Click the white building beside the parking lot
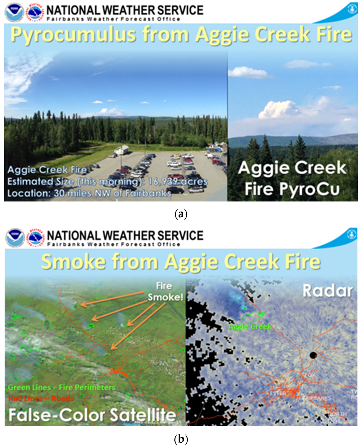pos(121,150)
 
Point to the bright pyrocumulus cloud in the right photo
pos(278,109)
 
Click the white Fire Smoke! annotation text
pos(165,292)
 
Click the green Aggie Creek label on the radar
pos(250,327)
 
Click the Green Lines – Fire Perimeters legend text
pos(62,388)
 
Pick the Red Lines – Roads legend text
pos(41,398)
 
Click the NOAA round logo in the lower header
pos(14,237)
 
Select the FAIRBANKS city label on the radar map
pos(312,398)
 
